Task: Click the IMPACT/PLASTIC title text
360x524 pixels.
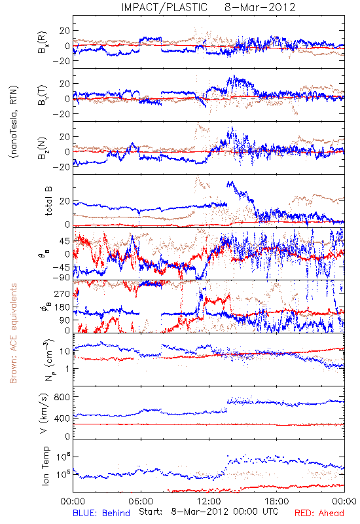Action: [x=164, y=7]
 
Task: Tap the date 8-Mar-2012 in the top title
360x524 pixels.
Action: [x=260, y=7]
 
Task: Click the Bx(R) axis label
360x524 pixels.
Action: [x=43, y=43]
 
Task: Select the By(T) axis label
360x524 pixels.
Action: [x=43, y=95]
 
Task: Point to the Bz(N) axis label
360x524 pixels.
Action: [x=43, y=148]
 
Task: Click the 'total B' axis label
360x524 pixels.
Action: [x=48, y=201]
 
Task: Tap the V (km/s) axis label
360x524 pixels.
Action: [x=44, y=413]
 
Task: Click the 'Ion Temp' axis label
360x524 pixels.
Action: [x=45, y=466]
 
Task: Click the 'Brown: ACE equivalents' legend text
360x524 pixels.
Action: [x=13, y=333]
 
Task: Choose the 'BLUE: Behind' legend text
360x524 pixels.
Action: [x=101, y=513]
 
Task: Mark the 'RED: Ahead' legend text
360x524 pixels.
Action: [x=319, y=513]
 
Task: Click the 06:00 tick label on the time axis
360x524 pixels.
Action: [x=141, y=501]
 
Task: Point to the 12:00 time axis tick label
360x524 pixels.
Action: [x=209, y=501]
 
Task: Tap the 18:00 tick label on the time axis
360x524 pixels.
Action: [x=277, y=501]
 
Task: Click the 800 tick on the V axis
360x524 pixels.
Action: [x=62, y=397]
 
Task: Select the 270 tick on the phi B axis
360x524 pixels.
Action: [x=62, y=293]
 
